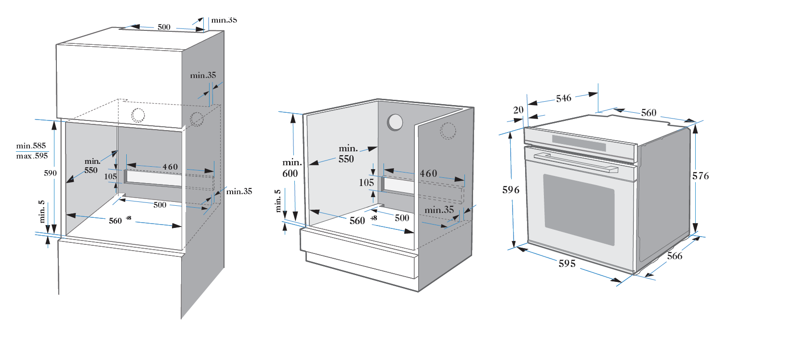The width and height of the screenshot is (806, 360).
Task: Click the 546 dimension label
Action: coord(563,98)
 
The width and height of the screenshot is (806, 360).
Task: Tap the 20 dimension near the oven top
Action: coord(518,110)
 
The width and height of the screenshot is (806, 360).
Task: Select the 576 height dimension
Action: coord(700,176)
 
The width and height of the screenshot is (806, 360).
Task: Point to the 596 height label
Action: coord(511,190)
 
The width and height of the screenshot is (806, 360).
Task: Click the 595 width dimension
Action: coord(567,264)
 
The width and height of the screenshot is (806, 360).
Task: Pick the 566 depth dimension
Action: coord(674,256)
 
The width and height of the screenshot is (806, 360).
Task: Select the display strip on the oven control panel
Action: coord(579,143)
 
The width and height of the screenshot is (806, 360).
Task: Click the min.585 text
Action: coord(31,146)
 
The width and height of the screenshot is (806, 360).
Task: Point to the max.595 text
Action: coord(32,156)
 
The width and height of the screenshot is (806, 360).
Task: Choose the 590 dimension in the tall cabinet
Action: coord(50,173)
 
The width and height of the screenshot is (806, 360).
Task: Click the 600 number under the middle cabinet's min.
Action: coord(290,173)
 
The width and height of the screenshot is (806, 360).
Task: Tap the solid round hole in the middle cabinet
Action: coord(395,122)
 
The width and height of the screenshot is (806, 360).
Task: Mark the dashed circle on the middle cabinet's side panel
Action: coord(448,131)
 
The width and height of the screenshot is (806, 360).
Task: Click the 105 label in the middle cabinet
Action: coord(366,183)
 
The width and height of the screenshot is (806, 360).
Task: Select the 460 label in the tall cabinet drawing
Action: coord(170,167)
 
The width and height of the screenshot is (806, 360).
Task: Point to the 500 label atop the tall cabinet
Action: coord(164,27)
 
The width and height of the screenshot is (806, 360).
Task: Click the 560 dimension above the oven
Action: coord(648,113)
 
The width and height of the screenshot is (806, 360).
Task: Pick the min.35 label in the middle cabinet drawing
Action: coord(439,210)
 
